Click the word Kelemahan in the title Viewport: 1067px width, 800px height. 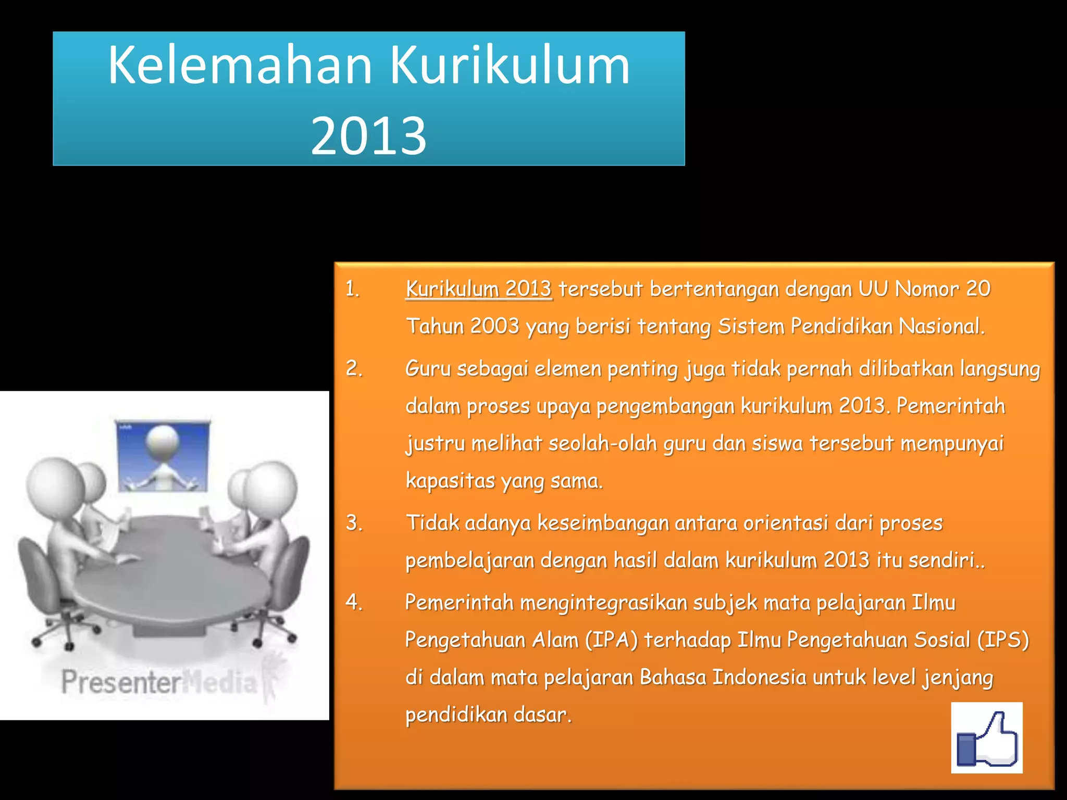pos(240,65)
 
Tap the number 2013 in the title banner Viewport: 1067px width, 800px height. pos(368,135)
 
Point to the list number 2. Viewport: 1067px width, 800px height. pos(354,369)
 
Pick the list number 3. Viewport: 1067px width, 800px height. pos(354,523)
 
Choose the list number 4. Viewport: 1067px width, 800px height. pos(354,603)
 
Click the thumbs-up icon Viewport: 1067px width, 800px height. pos(986,737)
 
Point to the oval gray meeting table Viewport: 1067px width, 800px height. pos(172,573)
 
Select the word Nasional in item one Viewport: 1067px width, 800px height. pos(941,327)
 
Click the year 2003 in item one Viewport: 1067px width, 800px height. pos(494,327)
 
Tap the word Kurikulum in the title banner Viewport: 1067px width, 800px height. pos(510,65)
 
